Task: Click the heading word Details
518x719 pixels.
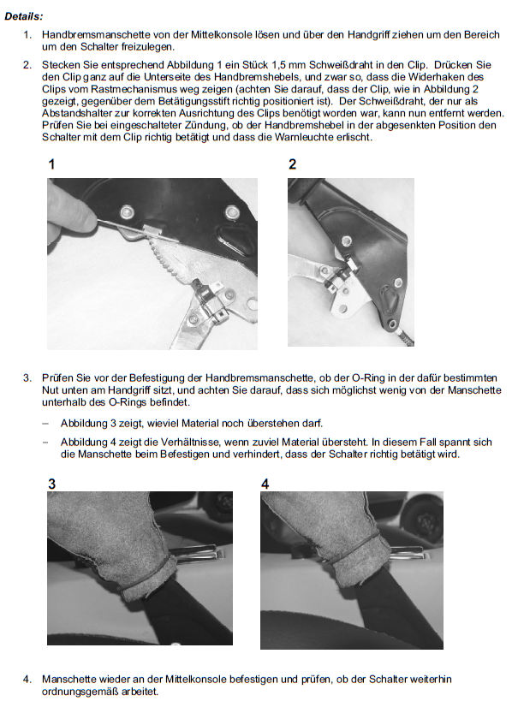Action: click(x=23, y=15)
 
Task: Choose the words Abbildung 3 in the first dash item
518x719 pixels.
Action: click(x=88, y=424)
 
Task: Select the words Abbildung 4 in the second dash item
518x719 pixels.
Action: click(x=88, y=443)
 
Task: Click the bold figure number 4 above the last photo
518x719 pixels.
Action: click(x=265, y=484)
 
